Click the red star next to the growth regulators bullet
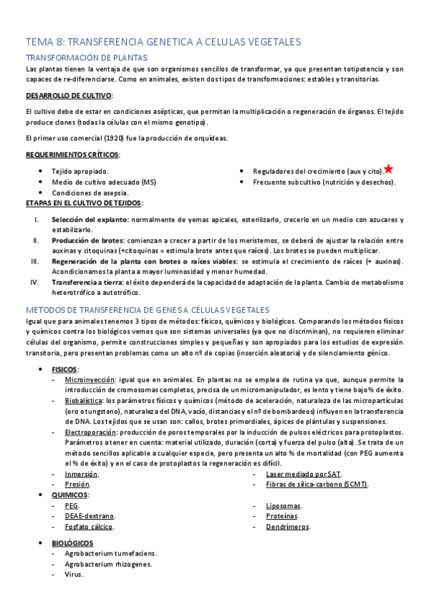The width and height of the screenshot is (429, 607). pos(388,169)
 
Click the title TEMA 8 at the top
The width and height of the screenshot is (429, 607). pos(163,42)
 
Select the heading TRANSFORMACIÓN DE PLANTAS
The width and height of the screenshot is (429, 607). pos(87,57)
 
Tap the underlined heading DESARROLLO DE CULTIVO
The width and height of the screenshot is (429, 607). pos(68,95)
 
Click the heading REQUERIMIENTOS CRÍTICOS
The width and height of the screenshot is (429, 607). pos(72,155)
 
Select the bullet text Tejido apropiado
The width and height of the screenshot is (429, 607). pos(80,172)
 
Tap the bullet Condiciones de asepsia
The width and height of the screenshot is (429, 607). pos(90,193)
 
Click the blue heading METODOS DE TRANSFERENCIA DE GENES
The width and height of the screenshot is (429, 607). pos(148,309)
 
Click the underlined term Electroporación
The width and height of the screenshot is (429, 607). pos(90,432)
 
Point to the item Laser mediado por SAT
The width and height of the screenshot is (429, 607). pos(304,474)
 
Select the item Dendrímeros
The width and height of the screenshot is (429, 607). pos(288,526)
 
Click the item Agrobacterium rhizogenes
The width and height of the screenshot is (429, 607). pos(107,564)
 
